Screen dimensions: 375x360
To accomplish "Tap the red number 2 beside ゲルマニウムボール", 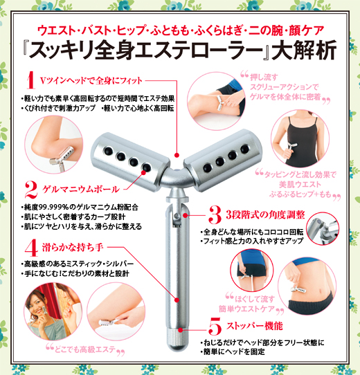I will tap(30, 188).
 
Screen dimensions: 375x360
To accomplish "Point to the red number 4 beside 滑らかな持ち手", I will tap(30, 246).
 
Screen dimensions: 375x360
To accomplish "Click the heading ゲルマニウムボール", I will tap(81, 189).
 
